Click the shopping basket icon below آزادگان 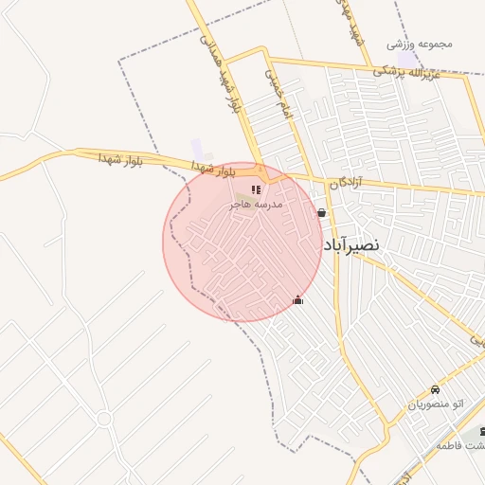324,213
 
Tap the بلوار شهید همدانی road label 220,70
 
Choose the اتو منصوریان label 437,404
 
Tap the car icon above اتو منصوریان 435,389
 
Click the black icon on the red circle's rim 298,300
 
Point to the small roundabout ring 103,418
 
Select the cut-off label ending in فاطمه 461,445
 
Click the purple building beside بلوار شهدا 197,149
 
